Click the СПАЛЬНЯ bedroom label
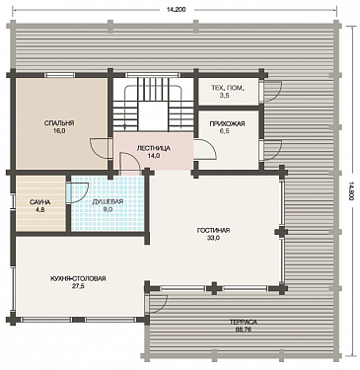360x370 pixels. coord(59,123)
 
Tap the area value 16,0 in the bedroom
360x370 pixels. coord(59,131)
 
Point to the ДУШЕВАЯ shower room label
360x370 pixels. coord(108,201)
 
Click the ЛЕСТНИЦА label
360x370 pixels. coord(154,148)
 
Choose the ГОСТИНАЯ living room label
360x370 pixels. coord(213,231)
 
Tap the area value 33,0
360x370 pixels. coord(213,239)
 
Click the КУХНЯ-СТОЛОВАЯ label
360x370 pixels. coord(78,278)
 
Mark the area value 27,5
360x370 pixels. coord(78,286)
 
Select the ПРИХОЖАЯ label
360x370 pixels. coord(227,123)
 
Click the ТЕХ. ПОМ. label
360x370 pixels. coord(228,88)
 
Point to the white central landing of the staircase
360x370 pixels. coord(154,116)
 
